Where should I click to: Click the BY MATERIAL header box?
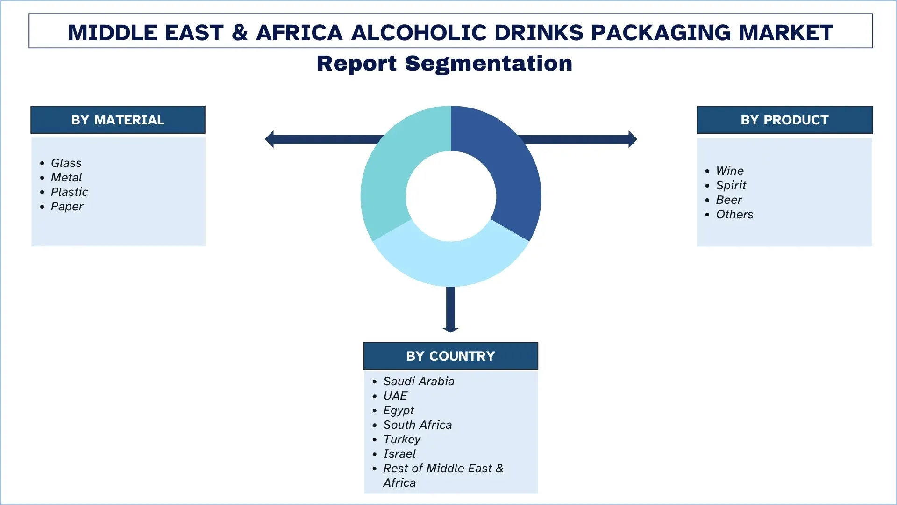pos(118,120)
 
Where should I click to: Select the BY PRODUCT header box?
pos(784,120)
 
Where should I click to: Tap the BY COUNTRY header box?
pos(450,356)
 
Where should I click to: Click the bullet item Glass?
pos(66,163)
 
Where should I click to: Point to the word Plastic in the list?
pos(69,192)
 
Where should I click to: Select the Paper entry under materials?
pos(67,206)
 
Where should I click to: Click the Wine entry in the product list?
pos(729,171)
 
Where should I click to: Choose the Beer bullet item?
pos(729,200)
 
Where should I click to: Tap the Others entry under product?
pos(734,214)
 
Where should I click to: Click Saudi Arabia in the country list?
pos(419,381)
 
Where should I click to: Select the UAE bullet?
pos(395,396)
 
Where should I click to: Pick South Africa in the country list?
pos(417,425)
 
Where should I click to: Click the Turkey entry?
pos(402,439)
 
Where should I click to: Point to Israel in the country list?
pos(399,454)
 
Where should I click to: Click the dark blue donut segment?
pos(509,173)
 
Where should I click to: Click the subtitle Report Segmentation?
pos(444,64)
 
